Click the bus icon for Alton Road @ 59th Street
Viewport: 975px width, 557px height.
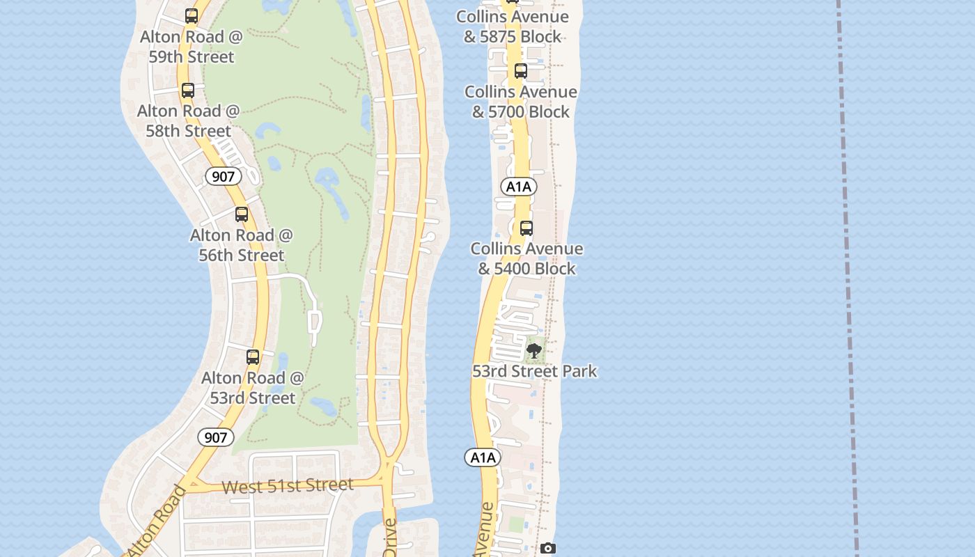click(192, 16)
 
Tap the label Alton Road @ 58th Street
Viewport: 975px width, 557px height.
click(188, 120)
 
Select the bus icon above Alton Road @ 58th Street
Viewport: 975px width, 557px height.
click(187, 90)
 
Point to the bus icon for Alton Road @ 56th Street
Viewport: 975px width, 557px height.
click(242, 214)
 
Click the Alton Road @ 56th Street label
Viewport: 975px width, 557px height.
click(242, 245)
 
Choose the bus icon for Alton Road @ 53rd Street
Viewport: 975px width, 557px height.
click(253, 357)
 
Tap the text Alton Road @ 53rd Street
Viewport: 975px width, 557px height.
click(253, 388)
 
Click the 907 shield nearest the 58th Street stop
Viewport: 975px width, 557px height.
click(223, 177)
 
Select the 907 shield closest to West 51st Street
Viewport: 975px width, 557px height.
click(216, 437)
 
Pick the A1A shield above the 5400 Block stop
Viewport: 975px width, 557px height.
click(519, 187)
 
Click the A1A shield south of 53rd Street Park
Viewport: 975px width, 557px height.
click(483, 457)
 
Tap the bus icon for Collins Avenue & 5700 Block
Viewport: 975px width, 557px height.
click(521, 70)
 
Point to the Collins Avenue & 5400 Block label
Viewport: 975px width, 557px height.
click(526, 258)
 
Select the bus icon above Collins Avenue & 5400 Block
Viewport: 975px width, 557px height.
click(526, 228)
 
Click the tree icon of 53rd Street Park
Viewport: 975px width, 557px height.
click(534, 350)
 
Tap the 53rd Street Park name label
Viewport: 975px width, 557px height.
click(535, 371)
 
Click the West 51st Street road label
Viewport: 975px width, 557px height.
click(287, 485)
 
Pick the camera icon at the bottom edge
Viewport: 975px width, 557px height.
click(548, 549)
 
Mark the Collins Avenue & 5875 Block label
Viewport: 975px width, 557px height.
click(513, 26)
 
